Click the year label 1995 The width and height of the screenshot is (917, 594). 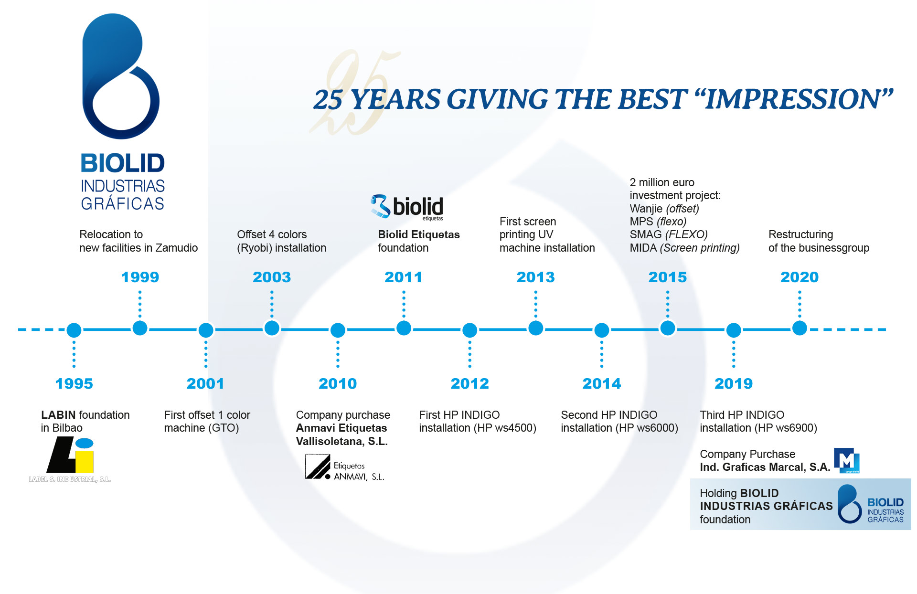tap(74, 383)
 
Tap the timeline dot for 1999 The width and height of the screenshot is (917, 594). tap(140, 328)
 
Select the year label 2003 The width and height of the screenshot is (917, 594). tap(272, 277)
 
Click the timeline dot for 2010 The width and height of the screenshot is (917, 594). tap(338, 330)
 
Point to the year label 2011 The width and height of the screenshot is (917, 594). tap(404, 277)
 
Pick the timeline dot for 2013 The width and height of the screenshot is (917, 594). tap(536, 328)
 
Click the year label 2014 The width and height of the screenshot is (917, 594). tap(602, 383)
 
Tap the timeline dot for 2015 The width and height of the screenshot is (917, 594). tap(668, 328)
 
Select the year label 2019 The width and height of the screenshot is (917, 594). tap(734, 383)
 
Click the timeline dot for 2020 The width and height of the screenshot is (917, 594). tap(800, 328)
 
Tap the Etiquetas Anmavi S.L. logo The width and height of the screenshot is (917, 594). tap(344, 467)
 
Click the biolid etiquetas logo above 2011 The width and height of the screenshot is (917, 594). tap(407, 207)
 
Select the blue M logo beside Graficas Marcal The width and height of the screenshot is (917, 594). tap(846, 460)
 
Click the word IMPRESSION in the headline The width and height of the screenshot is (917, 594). tap(793, 99)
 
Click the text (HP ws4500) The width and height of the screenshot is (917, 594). tap(505, 428)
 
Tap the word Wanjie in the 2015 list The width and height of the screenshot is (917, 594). tap(646, 209)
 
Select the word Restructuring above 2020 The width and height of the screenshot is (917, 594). tap(800, 235)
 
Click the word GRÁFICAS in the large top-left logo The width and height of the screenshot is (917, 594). tap(123, 203)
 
